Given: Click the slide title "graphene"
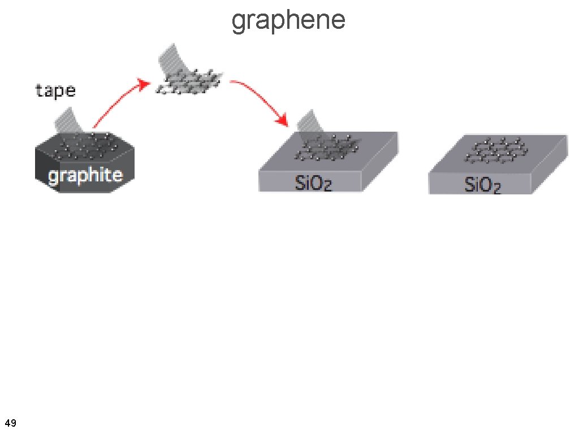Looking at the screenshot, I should [x=288, y=20].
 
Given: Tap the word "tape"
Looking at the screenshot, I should [x=55, y=90].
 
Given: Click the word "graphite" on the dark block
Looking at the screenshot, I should [x=85, y=175].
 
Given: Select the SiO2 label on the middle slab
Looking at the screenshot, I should [x=313, y=183].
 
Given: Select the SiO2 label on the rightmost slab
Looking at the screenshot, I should [x=482, y=184].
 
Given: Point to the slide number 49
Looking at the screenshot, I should [x=10, y=423].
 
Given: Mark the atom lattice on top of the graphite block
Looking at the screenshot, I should [x=85, y=146].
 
